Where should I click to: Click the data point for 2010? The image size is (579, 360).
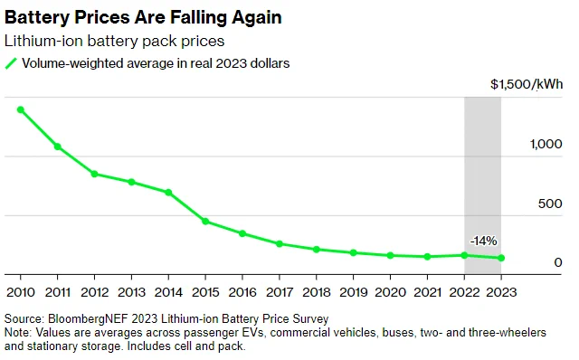coord(21,109)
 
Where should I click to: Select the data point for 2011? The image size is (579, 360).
coord(58,147)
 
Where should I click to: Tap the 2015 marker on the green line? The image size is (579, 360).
coord(205,222)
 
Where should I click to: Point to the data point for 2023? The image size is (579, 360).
coord(501,258)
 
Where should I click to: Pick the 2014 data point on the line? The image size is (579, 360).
coord(168,193)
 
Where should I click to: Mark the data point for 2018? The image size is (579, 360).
coord(316,250)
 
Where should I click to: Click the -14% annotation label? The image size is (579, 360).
coord(483,242)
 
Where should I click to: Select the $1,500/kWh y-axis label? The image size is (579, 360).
coord(527,84)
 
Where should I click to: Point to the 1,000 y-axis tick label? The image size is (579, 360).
coord(546,144)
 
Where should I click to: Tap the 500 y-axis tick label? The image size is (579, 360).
coord(550,204)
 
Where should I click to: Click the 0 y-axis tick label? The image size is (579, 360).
coord(558,262)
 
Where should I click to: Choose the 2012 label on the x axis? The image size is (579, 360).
coord(94,292)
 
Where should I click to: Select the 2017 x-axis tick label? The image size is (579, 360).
coord(280,292)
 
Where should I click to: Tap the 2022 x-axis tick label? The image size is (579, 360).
coord(464,292)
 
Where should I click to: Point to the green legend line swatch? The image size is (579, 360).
coord(11,63)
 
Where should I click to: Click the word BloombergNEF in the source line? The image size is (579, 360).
coord(88,318)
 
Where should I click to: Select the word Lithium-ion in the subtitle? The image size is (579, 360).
coord(43,41)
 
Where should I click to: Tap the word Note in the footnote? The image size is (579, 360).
coord(17,332)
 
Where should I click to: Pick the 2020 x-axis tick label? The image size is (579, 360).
coord(390,292)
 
